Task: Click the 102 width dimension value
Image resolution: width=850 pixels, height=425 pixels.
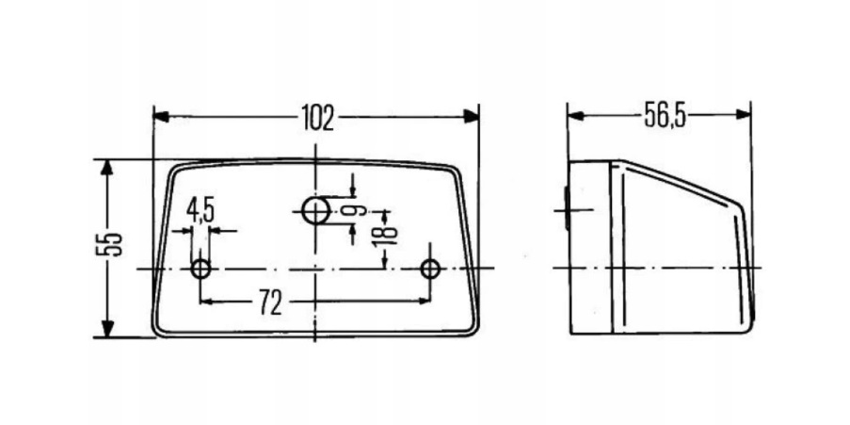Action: [317, 117]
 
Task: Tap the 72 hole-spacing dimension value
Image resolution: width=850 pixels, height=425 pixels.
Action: [270, 302]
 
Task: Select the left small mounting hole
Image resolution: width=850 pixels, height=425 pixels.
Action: [200, 270]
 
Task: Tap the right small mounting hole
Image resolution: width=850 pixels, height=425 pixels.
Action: [431, 270]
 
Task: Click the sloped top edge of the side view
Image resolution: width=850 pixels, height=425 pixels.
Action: [682, 183]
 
